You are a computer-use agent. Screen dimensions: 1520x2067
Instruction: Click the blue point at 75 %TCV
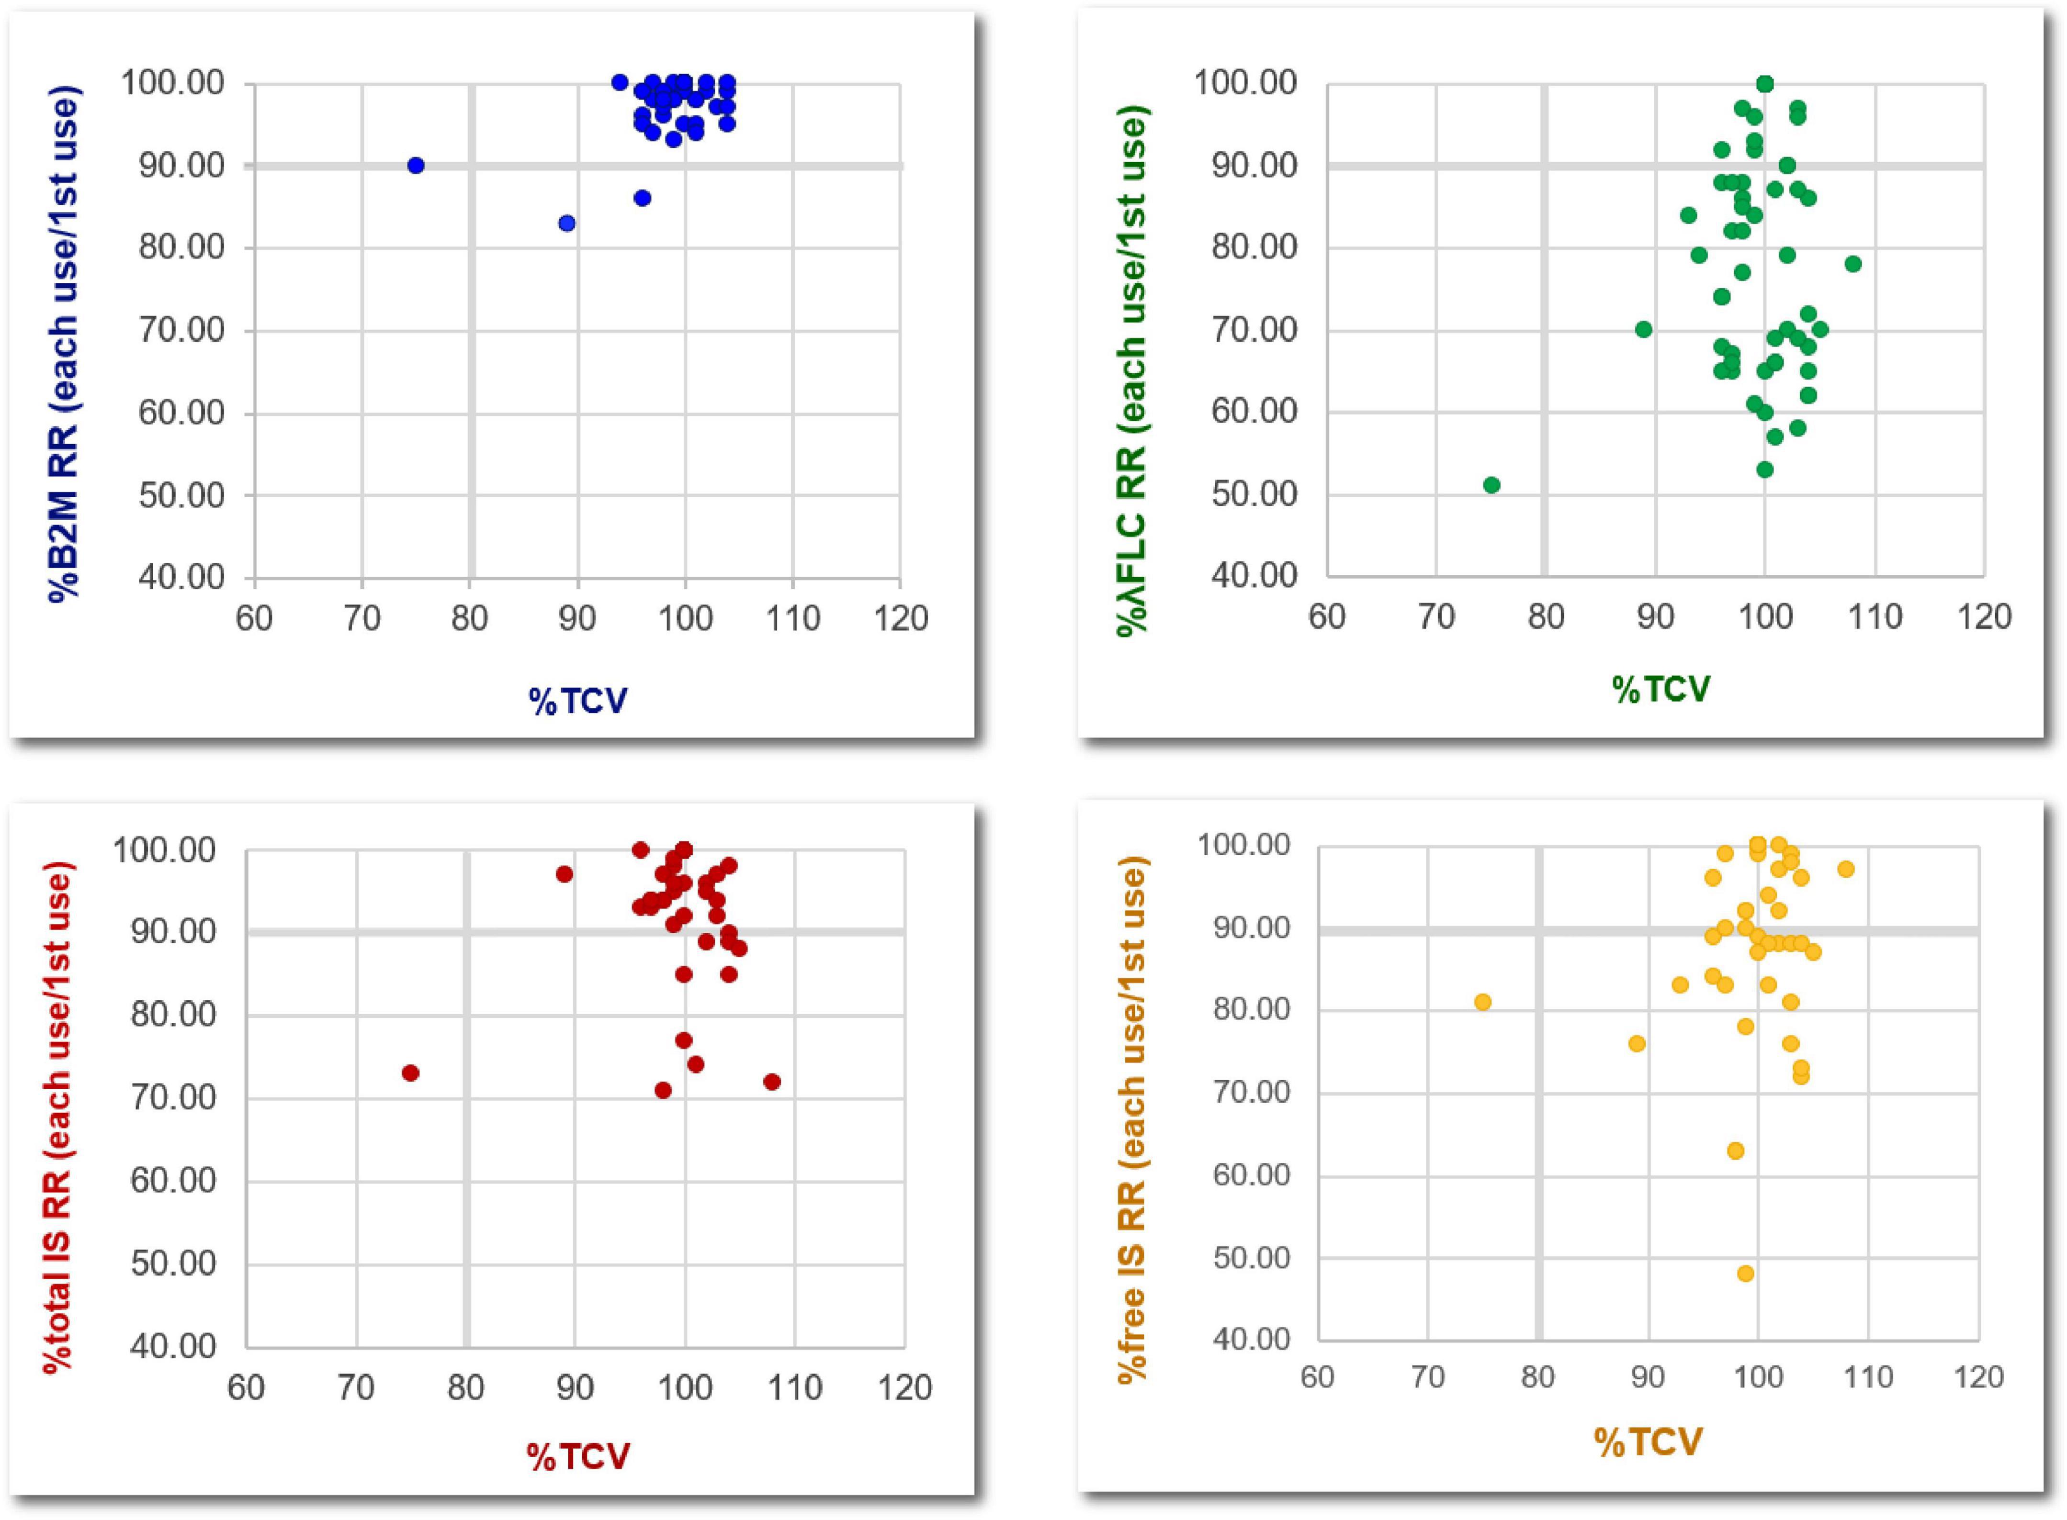[x=416, y=166]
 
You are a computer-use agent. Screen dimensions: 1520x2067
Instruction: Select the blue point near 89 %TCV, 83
[x=567, y=224]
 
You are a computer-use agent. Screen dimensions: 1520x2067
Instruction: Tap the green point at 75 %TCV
[x=1492, y=485]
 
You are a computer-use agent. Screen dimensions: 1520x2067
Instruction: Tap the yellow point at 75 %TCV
[x=1482, y=1002]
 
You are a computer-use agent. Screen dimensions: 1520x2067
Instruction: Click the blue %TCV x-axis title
[x=578, y=701]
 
